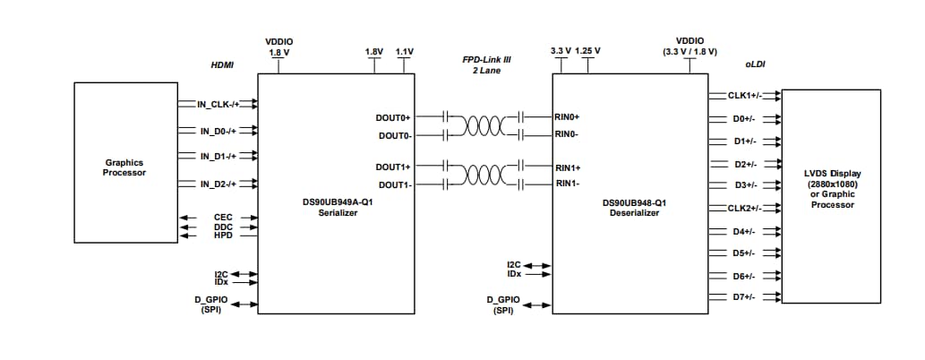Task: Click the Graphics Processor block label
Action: click(x=124, y=167)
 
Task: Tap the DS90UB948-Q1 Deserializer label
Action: click(x=634, y=207)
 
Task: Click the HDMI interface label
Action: click(x=221, y=65)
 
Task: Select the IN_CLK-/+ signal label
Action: click(x=218, y=105)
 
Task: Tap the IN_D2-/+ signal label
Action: click(x=218, y=184)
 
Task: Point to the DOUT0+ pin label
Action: click(x=393, y=117)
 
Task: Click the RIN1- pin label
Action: click(x=568, y=184)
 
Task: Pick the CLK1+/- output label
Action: click(x=744, y=95)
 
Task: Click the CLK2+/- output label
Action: click(x=744, y=208)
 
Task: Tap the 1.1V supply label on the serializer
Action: click(x=403, y=52)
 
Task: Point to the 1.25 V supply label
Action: click(x=588, y=51)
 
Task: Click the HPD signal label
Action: click(x=223, y=236)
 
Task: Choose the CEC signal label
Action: click(x=223, y=217)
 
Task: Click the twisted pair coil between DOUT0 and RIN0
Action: click(x=483, y=125)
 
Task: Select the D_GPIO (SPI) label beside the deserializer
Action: click(x=503, y=305)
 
